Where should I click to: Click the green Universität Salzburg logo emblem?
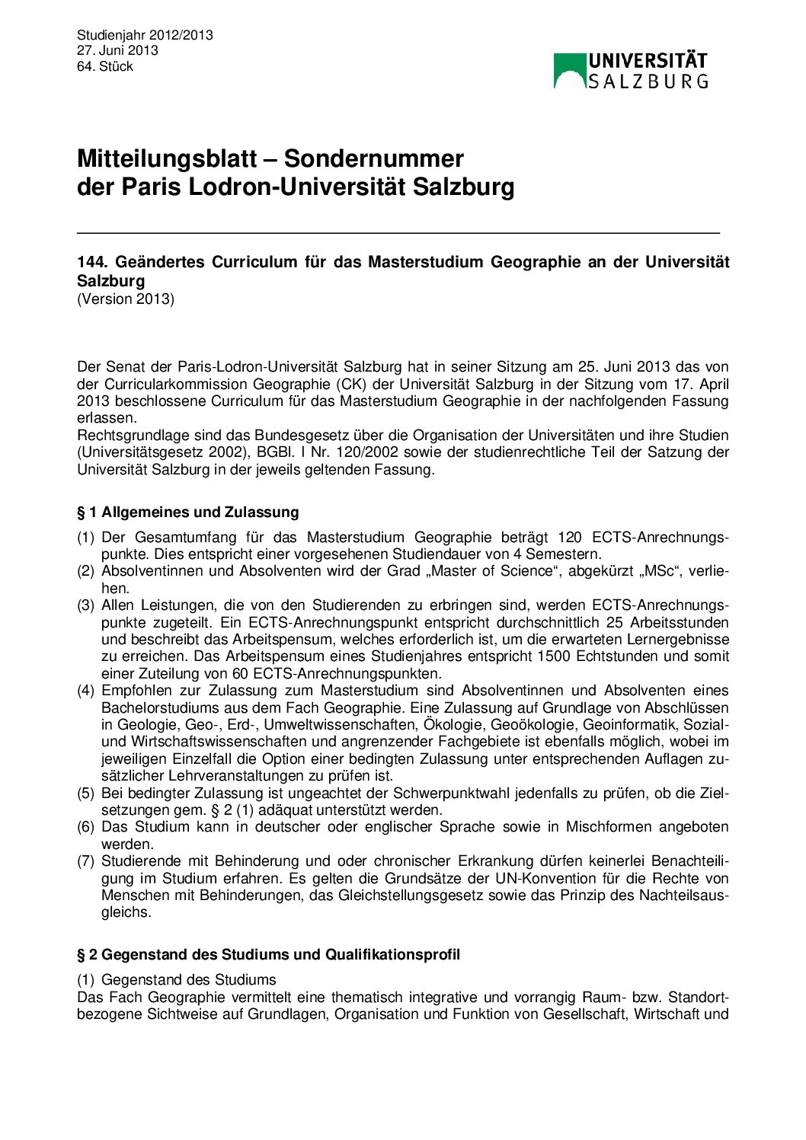569,71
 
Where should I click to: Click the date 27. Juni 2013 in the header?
117,50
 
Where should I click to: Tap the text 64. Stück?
105,66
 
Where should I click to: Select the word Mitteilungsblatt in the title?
167,158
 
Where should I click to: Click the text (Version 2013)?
126,299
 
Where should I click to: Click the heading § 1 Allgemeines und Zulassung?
187,512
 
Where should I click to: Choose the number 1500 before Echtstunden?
553,656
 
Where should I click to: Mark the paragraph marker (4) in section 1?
85,691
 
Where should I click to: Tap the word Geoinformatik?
638,724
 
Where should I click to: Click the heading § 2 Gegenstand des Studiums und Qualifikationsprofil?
268,954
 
